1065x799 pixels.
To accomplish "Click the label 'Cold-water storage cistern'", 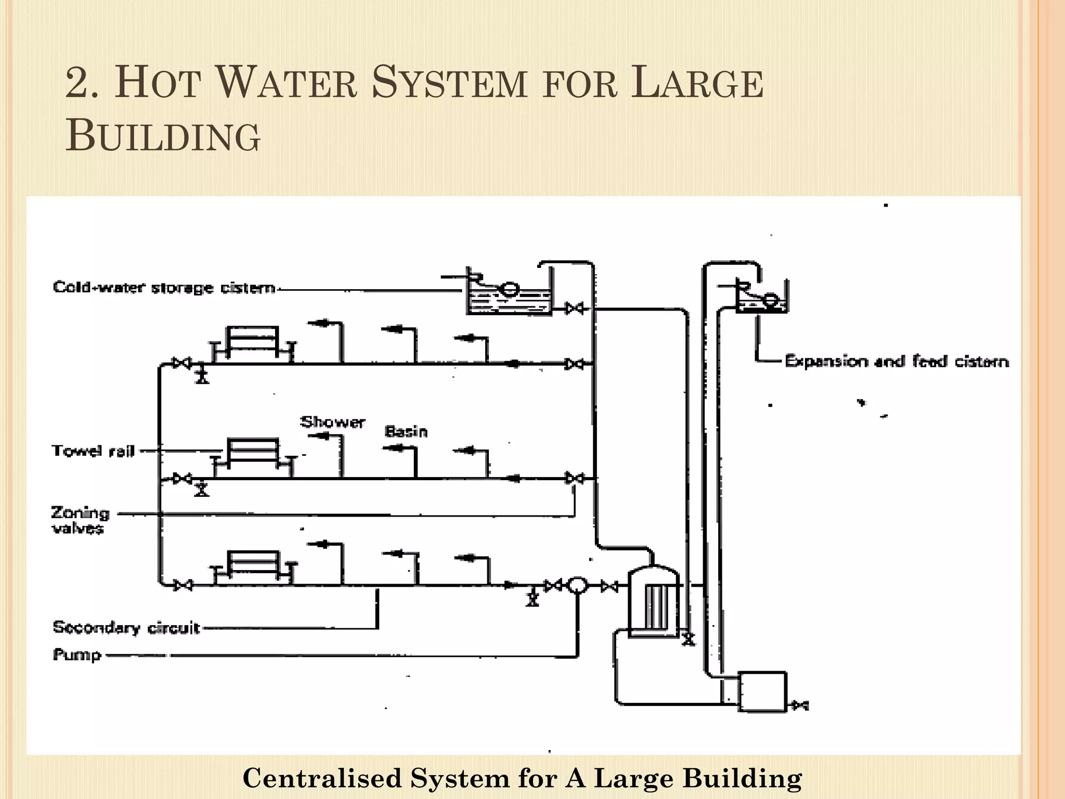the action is tap(164, 288).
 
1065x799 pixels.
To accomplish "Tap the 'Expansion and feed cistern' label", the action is tap(897, 361).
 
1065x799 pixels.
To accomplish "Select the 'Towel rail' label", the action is tap(93, 450).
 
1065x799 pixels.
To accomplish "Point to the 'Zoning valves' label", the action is tap(81, 520).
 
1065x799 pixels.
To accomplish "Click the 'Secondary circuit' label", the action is tap(126, 627).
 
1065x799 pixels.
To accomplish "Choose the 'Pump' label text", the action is tap(77, 654).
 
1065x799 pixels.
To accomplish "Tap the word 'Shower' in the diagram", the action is tap(333, 421).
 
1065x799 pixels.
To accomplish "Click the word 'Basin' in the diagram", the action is tap(406, 431).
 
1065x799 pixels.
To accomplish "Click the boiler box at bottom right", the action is tap(762, 691).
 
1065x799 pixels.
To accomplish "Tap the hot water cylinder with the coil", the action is tap(654, 601).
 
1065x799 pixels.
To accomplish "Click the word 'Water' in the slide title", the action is tap(286, 83).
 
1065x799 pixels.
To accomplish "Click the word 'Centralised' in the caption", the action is tap(322, 778).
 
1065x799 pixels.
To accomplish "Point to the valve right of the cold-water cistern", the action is tap(575, 308).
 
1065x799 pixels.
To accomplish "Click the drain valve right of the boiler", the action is tap(800, 705).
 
